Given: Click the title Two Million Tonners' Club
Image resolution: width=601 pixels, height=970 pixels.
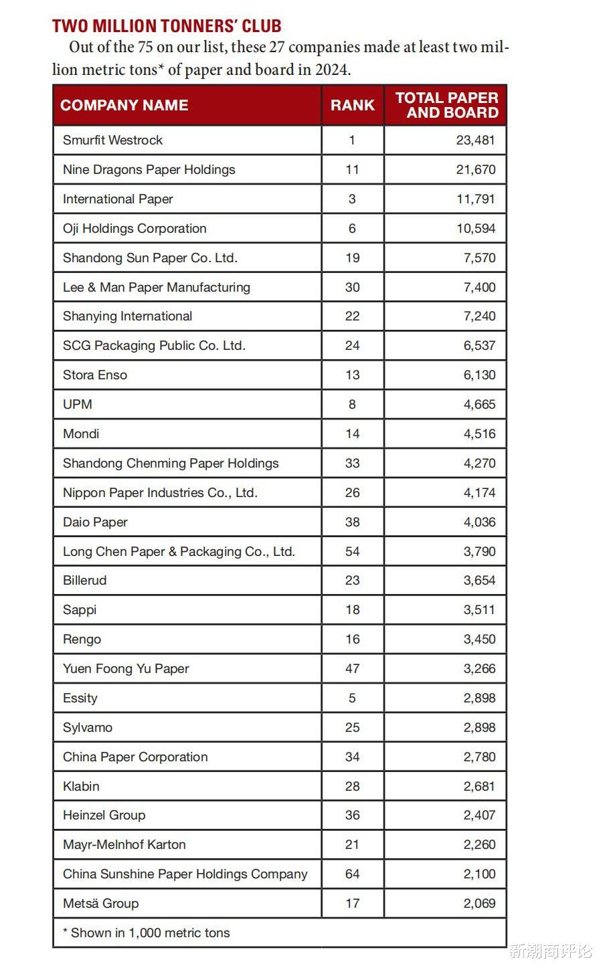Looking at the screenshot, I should coord(167,26).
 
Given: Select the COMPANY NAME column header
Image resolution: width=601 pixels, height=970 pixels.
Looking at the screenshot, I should coord(124,105).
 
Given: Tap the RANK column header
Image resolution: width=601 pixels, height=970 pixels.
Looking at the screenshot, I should coord(352,105).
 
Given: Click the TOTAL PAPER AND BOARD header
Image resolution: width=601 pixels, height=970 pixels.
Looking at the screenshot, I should coord(446,105).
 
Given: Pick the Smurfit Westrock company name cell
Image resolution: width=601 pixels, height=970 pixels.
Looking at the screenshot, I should coord(112,140).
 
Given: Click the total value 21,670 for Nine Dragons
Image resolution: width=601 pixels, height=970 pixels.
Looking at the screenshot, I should coord(476,169).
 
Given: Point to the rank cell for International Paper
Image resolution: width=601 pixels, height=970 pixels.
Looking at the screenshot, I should coord(352,199).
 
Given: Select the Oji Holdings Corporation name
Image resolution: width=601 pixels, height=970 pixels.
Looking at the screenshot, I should coord(135,228).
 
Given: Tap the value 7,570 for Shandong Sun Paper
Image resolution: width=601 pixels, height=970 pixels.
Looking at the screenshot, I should coord(479,258).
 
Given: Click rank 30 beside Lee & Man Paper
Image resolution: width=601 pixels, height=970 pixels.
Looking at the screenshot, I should coord(352,287).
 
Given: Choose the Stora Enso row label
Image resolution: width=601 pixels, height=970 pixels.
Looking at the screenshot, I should coord(94,375).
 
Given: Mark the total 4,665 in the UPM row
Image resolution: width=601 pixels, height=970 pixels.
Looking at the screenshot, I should coord(479,404).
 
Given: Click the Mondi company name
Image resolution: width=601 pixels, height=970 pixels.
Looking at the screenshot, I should coord(81,433).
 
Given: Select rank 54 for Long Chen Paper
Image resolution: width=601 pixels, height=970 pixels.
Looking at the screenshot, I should coord(352,551).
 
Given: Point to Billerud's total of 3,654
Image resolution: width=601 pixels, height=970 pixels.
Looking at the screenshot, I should coord(479,580).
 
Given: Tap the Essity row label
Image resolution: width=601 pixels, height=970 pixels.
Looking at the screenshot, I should coord(80,698).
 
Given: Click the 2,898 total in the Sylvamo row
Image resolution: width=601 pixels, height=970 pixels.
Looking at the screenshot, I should coord(479,727).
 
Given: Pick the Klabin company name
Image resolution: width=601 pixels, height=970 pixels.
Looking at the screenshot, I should coord(81,786).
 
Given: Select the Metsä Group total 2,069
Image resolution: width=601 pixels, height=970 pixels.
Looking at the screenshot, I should coord(479,903).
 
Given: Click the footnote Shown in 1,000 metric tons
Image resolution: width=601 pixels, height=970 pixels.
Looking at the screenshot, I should coord(147,933).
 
